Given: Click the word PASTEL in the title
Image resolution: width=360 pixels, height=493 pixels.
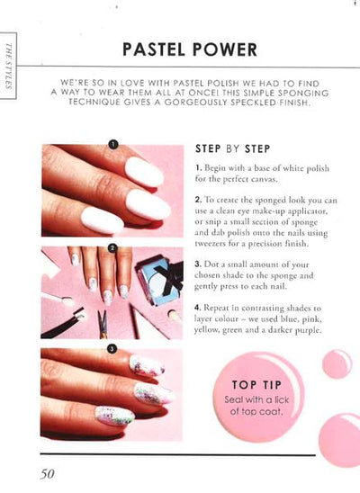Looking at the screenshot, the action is point(154,49).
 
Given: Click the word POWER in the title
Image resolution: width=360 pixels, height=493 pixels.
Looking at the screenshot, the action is point(225,49).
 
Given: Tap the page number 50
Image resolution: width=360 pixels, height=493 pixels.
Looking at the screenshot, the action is point(47,473).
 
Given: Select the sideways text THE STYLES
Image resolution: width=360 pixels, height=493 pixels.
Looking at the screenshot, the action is point(8,66).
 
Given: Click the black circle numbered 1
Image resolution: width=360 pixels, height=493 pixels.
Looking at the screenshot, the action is point(113,144).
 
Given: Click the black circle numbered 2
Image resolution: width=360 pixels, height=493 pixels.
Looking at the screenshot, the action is point(112,248).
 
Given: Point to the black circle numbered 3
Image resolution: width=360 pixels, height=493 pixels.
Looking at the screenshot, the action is point(112,348).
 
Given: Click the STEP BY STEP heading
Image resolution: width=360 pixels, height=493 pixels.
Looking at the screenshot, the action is point(233,148).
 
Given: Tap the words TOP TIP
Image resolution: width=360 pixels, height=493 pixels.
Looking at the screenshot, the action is point(256,385).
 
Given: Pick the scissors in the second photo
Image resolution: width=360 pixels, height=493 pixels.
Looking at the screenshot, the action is point(103,324).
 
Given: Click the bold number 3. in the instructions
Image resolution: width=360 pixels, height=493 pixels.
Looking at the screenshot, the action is point(198,264).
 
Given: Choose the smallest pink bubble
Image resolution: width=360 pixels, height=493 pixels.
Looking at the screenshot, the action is point(337,363).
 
